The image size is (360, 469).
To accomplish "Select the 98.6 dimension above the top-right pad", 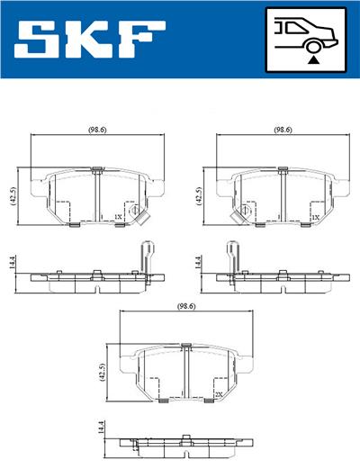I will pos(283,131).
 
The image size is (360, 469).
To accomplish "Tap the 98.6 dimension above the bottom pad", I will pos(186,307).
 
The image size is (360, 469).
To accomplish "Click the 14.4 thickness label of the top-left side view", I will pos(13,263).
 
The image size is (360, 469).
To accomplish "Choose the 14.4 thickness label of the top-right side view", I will pos(198,263).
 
